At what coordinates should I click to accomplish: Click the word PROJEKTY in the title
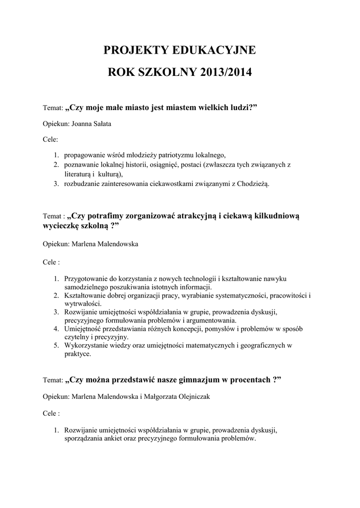pyautogui.click(x=135, y=50)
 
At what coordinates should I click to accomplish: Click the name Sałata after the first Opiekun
pyautogui.click(x=101, y=124)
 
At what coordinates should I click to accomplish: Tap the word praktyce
pyautogui.click(x=77, y=354)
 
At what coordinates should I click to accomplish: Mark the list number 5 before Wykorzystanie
pyautogui.click(x=56, y=346)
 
